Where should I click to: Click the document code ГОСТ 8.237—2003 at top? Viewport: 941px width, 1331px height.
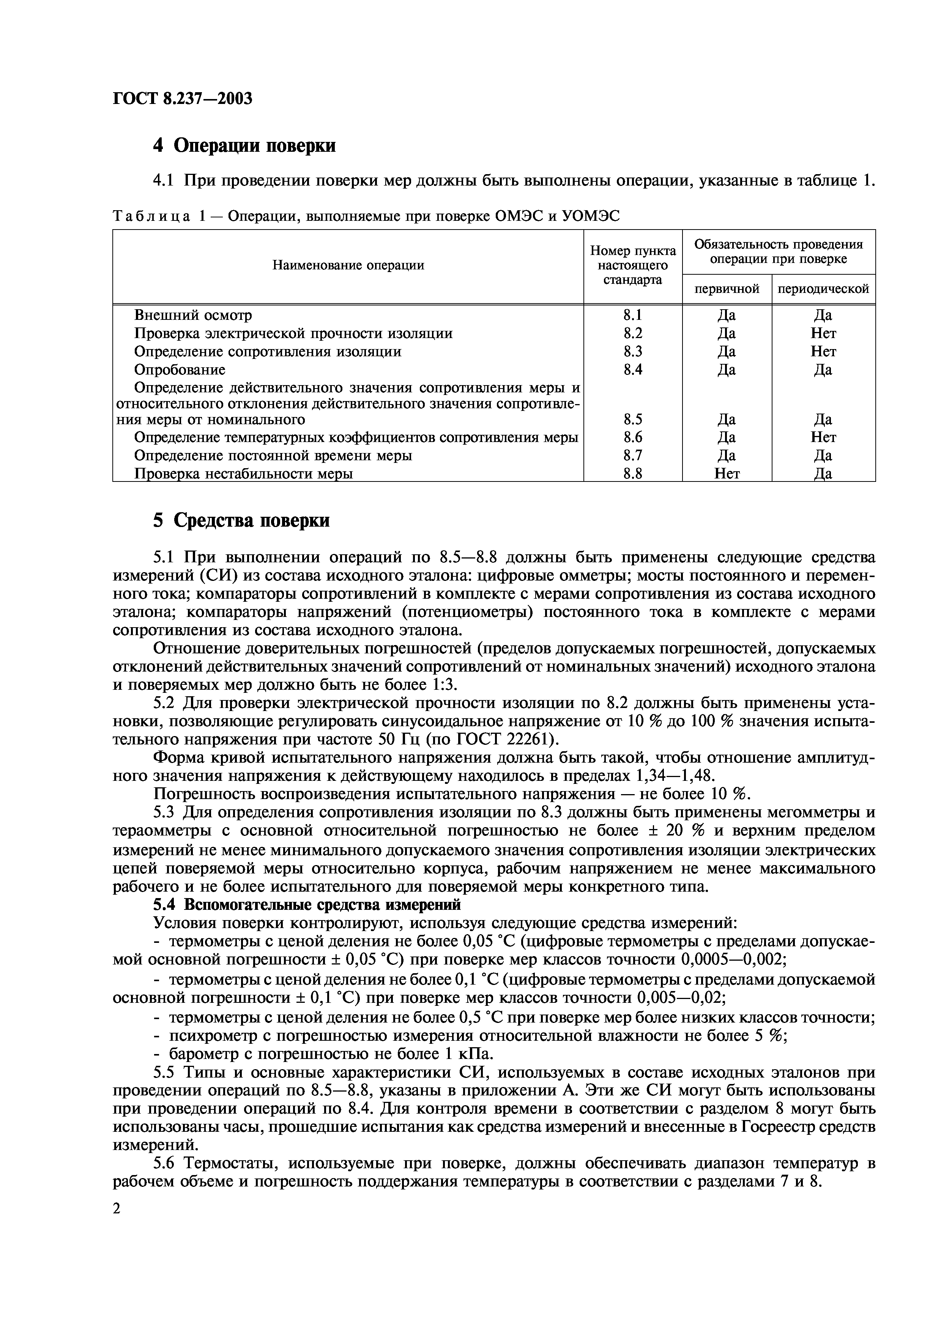182,99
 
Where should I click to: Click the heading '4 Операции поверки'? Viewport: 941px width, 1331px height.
244,145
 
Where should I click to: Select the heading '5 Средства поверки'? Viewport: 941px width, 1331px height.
241,521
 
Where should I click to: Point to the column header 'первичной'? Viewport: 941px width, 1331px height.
727,289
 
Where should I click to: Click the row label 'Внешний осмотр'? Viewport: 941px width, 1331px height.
193,315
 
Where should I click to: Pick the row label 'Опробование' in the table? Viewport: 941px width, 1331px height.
180,369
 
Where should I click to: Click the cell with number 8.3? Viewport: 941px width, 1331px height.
632,351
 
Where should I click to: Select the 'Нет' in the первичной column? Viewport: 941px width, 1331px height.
727,474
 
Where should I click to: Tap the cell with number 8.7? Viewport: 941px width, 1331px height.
632,455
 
